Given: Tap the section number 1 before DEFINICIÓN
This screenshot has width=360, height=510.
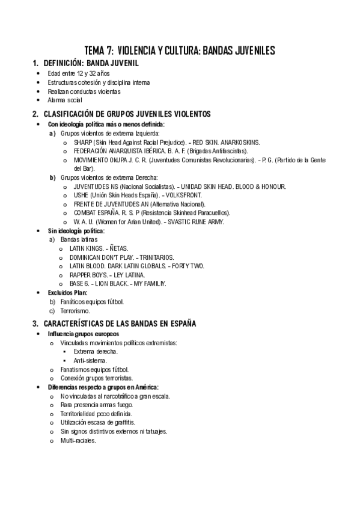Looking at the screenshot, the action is point(35,63).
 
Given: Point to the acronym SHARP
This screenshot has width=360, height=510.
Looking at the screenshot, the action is point(83,142).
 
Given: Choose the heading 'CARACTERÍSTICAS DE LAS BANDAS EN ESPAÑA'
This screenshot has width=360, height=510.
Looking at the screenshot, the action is point(120,324).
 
